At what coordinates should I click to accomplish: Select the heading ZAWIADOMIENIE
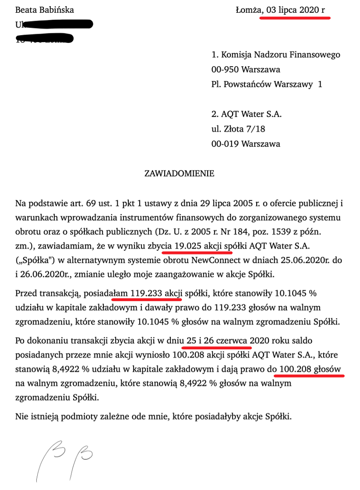tap(180, 174)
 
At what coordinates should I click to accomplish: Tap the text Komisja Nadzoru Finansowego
tap(281, 55)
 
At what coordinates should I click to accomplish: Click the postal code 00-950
tap(227, 69)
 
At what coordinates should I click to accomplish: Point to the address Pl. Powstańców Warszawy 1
tap(267, 84)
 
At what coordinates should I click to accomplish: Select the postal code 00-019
tap(227, 144)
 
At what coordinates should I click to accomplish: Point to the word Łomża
tap(247, 10)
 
